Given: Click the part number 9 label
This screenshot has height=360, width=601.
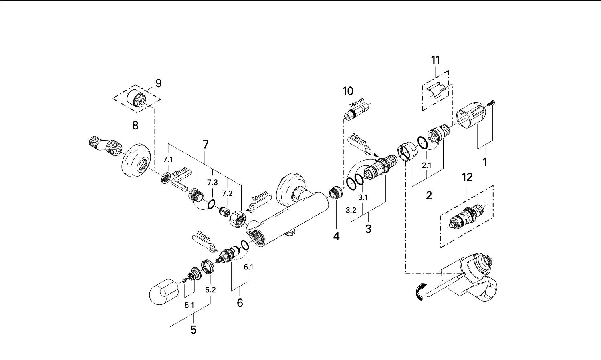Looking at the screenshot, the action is tap(159, 84).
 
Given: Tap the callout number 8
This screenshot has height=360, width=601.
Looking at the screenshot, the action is tap(135, 125).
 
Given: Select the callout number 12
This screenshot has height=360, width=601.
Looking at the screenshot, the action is tap(467, 177).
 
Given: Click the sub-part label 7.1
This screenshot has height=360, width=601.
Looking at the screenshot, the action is tap(168, 160).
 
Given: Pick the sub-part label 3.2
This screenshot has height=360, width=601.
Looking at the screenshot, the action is tap(351, 210).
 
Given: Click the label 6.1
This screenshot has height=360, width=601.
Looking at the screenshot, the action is tap(248, 267).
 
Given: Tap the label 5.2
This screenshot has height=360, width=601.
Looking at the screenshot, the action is tap(210, 290).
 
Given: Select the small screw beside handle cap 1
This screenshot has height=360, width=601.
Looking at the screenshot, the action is tap(492, 102).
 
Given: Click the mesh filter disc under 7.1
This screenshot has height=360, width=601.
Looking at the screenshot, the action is tap(166, 177).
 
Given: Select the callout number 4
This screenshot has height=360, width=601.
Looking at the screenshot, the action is tap(336, 236).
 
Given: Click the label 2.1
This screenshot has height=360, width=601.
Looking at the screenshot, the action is tap(426, 165).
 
